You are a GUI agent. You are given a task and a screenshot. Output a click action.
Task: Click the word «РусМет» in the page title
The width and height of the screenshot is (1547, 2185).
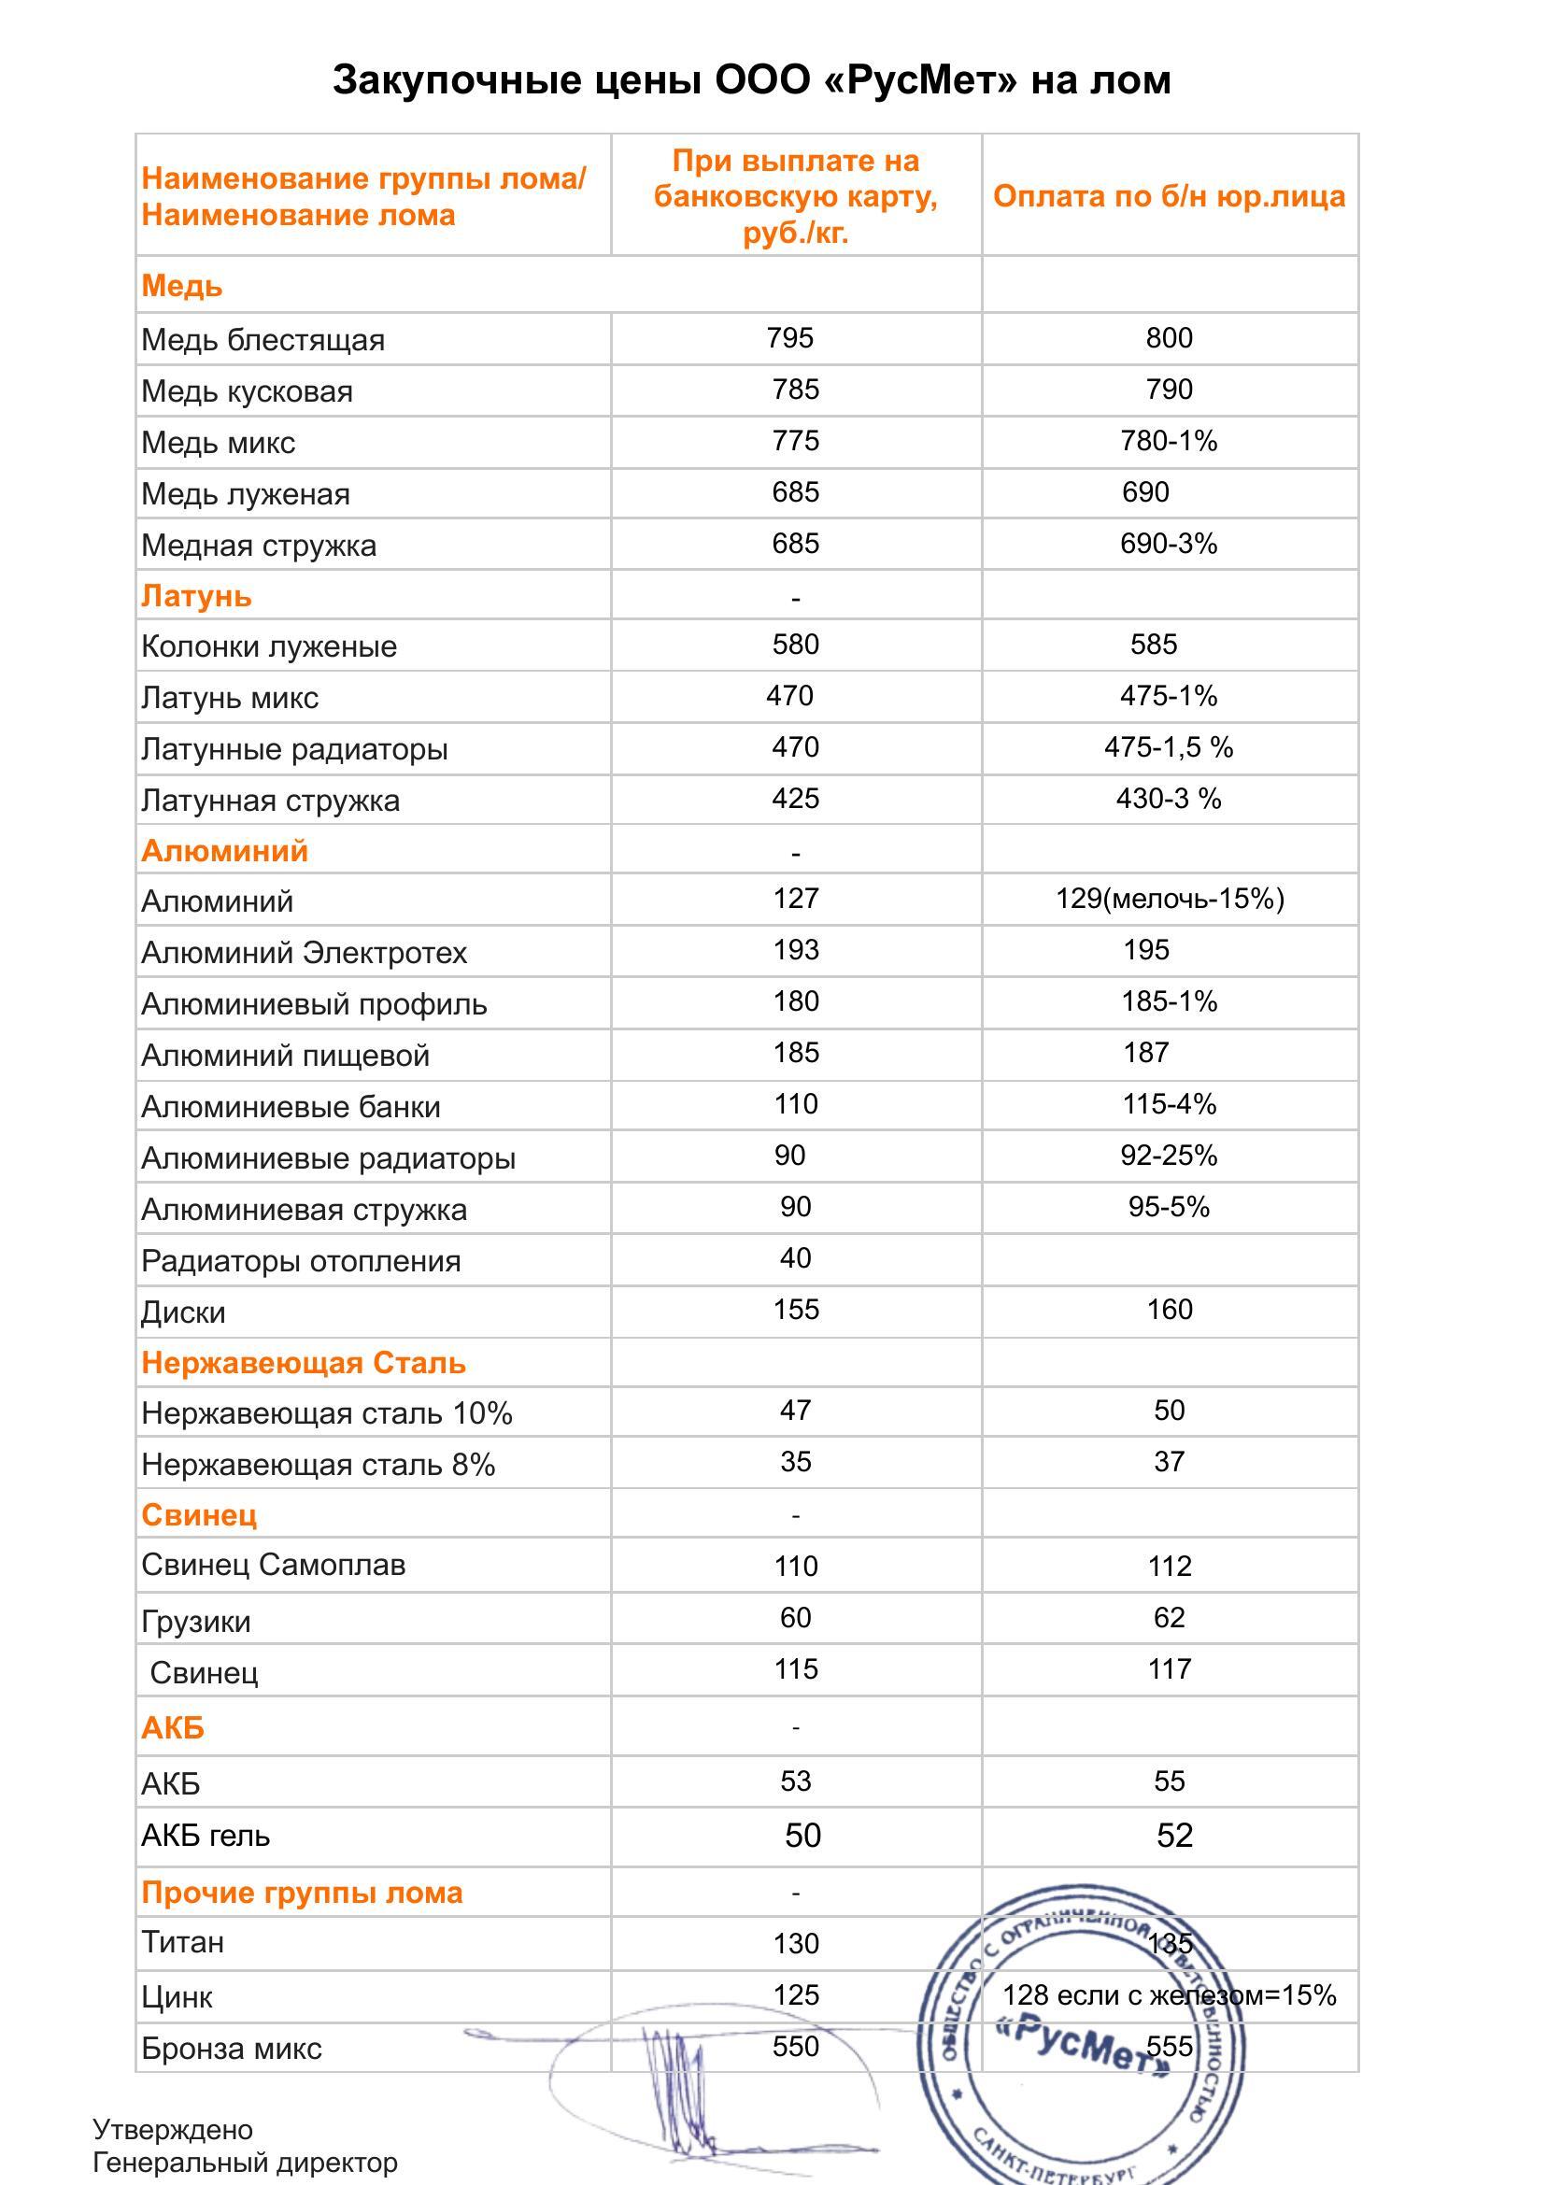pyautogui.click(x=919, y=80)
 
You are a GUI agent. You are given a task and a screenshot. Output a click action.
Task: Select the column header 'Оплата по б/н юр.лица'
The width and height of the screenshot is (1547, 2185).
pyautogui.click(x=1169, y=196)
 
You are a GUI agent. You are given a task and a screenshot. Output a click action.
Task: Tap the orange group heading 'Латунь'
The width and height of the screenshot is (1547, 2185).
pyautogui.click(x=196, y=595)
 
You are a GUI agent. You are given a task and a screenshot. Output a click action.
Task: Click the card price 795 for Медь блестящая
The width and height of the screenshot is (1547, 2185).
pyautogui.click(x=789, y=338)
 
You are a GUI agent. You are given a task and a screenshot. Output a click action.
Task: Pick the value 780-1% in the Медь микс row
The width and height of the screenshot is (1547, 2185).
pyautogui.click(x=1169, y=441)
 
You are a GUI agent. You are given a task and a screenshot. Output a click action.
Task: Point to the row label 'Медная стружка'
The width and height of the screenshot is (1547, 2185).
pyautogui.click(x=258, y=546)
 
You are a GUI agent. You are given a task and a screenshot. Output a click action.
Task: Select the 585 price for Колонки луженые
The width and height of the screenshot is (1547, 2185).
pyautogui.click(x=1154, y=645)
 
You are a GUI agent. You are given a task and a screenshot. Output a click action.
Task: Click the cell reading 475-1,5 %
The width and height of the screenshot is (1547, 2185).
pyautogui.click(x=1169, y=747)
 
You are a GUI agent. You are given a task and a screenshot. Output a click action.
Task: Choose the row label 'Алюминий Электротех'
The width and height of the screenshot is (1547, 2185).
pyautogui.click(x=304, y=953)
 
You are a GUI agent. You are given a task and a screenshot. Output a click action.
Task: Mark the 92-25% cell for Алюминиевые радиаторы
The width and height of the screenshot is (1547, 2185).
pyautogui.click(x=1169, y=1156)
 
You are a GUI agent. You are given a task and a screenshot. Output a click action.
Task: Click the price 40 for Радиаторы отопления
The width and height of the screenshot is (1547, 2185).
pyautogui.click(x=795, y=1258)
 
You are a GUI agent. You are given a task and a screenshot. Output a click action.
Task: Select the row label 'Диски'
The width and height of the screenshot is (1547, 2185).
pyautogui.click(x=183, y=1312)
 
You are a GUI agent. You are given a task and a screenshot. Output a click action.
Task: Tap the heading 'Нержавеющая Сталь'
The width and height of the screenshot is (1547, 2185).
pyautogui.click(x=303, y=1363)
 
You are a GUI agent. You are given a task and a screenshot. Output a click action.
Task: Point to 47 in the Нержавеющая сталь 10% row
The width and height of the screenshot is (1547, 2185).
pyautogui.click(x=795, y=1411)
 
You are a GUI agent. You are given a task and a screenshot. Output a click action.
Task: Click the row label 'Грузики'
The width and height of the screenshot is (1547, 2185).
pyautogui.click(x=195, y=1621)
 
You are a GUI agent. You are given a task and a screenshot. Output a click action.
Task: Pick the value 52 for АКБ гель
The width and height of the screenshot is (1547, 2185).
pyautogui.click(x=1174, y=1836)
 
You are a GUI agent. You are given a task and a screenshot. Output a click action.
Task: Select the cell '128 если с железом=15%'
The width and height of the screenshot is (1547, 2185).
pyautogui.click(x=1169, y=1995)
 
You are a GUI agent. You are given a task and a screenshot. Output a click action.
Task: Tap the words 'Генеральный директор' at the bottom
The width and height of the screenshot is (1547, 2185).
pyautogui.click(x=245, y=2163)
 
